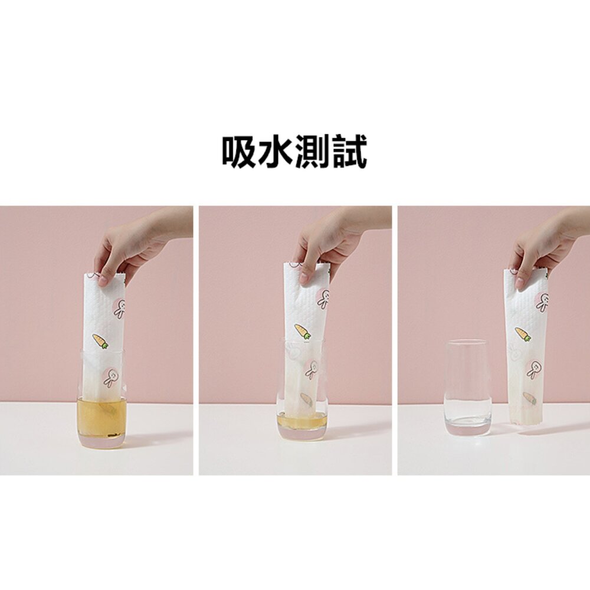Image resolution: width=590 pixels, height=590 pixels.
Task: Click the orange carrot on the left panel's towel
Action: [x=100, y=341]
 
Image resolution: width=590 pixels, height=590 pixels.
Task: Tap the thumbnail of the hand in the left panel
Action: [x=103, y=279]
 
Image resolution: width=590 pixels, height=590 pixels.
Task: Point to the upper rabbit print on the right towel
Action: [x=542, y=303]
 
